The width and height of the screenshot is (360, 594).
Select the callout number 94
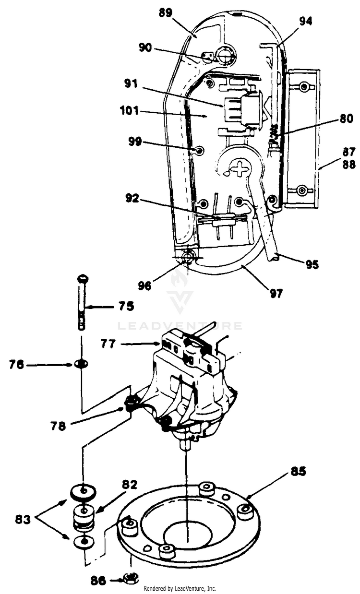[305, 21]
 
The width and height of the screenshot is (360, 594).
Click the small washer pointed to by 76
[82, 365]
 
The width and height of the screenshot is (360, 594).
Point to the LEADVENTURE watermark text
[180, 326]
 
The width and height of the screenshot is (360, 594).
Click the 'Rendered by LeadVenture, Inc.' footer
[180, 588]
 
